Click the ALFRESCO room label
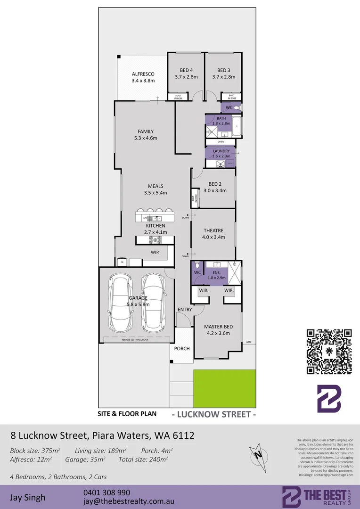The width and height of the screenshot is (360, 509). point(143,74)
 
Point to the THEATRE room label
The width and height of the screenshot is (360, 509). point(213,230)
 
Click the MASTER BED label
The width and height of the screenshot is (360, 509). point(218,327)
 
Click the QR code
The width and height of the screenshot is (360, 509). point(329,352)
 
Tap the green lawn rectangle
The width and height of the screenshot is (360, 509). point(225,388)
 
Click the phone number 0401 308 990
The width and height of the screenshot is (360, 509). point(106,493)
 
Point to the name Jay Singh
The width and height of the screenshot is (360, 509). point(28,497)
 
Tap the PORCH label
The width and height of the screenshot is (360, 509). point(182,349)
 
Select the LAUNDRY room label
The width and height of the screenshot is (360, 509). point(221,150)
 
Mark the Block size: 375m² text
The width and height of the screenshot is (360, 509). point(35,451)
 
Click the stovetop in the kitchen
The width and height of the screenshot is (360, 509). point(155,240)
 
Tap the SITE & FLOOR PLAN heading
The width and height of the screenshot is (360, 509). point(127,414)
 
